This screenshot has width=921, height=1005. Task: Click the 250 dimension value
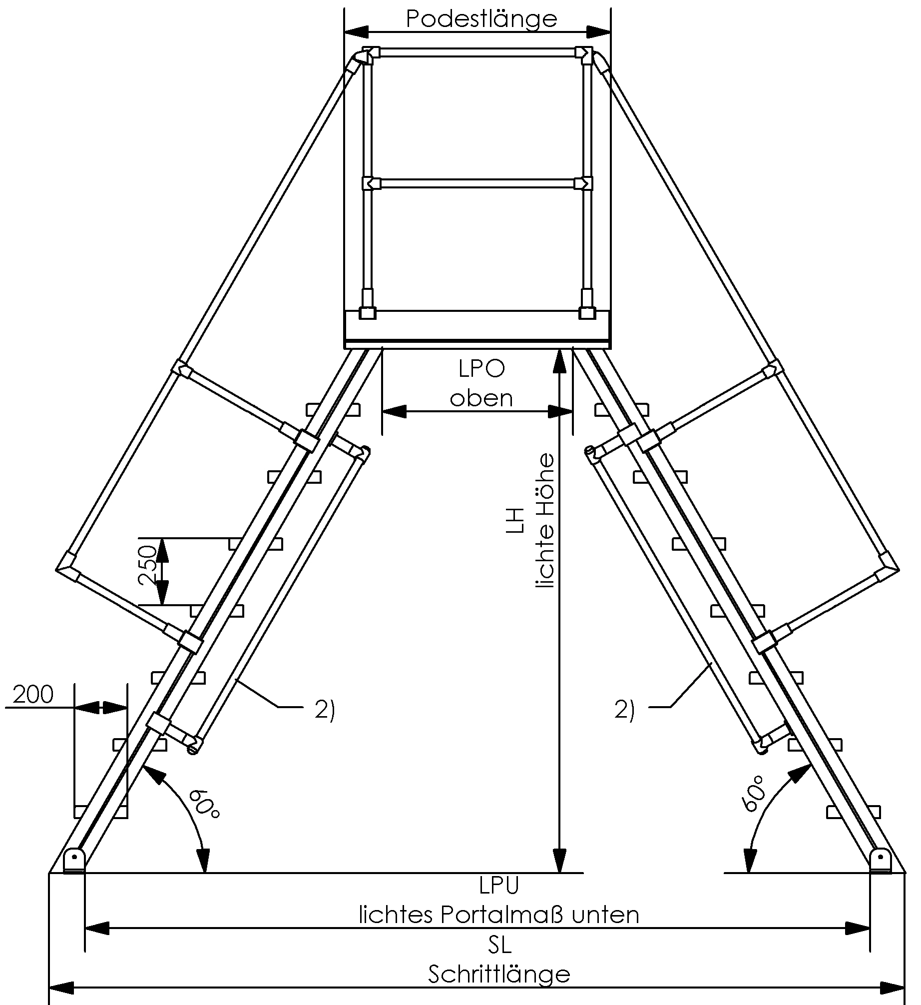pos(148,566)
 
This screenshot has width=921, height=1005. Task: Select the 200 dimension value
pos(33,695)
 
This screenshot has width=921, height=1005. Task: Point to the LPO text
pos(481,369)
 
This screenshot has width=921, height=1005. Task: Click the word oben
pos(481,398)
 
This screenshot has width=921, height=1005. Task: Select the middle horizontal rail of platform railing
pos(477,184)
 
